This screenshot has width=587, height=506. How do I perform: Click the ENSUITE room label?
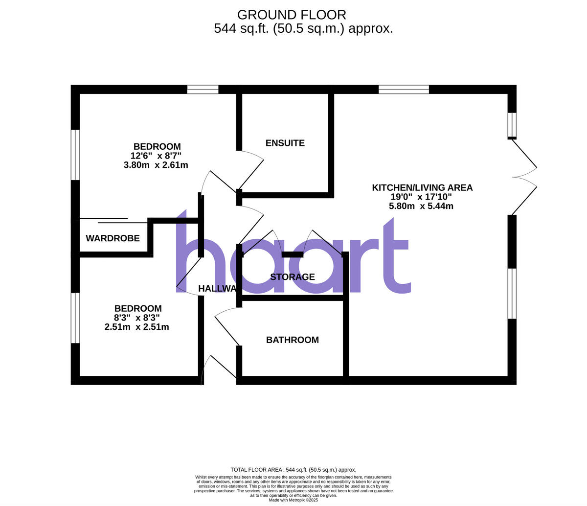[x=285, y=143]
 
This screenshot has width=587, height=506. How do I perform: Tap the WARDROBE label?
[x=113, y=238]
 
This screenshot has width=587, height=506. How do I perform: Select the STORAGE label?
[x=293, y=277]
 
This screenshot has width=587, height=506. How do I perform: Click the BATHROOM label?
[x=292, y=340]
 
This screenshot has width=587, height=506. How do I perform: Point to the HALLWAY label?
[x=218, y=289]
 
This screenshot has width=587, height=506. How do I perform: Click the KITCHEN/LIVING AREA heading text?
[x=422, y=187]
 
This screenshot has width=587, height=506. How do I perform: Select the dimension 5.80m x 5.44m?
[x=421, y=206]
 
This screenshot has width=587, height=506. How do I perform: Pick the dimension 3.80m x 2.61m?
[x=156, y=165]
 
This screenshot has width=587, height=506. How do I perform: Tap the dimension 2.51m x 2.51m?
[x=137, y=327]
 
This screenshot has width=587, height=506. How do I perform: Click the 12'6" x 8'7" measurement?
[x=156, y=156]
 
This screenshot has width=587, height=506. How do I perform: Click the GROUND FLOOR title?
[x=292, y=15]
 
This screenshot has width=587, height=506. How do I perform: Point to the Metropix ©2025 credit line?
[x=293, y=500]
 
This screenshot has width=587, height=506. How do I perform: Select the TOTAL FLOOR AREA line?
[x=293, y=470]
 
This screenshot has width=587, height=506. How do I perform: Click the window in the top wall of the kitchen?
[x=404, y=90]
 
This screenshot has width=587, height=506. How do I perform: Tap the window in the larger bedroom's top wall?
[x=203, y=90]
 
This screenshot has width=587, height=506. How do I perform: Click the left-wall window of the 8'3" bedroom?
[x=75, y=318]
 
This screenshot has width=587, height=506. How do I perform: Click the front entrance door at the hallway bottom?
[x=219, y=367]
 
